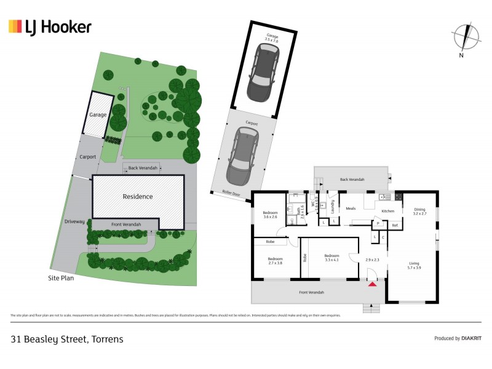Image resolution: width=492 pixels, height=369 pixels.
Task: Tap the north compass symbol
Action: point(466,37)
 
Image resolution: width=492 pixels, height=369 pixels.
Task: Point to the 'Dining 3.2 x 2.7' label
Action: point(419,211)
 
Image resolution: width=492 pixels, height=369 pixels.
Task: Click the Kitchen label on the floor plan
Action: point(387,211)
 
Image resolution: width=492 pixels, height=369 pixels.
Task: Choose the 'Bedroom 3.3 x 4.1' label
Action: point(331,257)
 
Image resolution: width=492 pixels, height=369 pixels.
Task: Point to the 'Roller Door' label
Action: point(231,192)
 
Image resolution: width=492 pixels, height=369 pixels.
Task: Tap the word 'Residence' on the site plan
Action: point(138,197)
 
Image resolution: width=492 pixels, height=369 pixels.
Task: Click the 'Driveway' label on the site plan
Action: point(73,221)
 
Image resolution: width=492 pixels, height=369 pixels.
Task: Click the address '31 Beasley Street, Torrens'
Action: point(67,339)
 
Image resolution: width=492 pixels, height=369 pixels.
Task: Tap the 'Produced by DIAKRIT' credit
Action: point(456,338)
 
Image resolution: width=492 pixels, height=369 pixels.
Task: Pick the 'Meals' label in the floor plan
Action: point(351,208)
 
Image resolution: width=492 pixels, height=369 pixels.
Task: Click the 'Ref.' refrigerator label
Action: point(395,225)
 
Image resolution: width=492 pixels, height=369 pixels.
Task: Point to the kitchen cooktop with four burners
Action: point(398,197)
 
